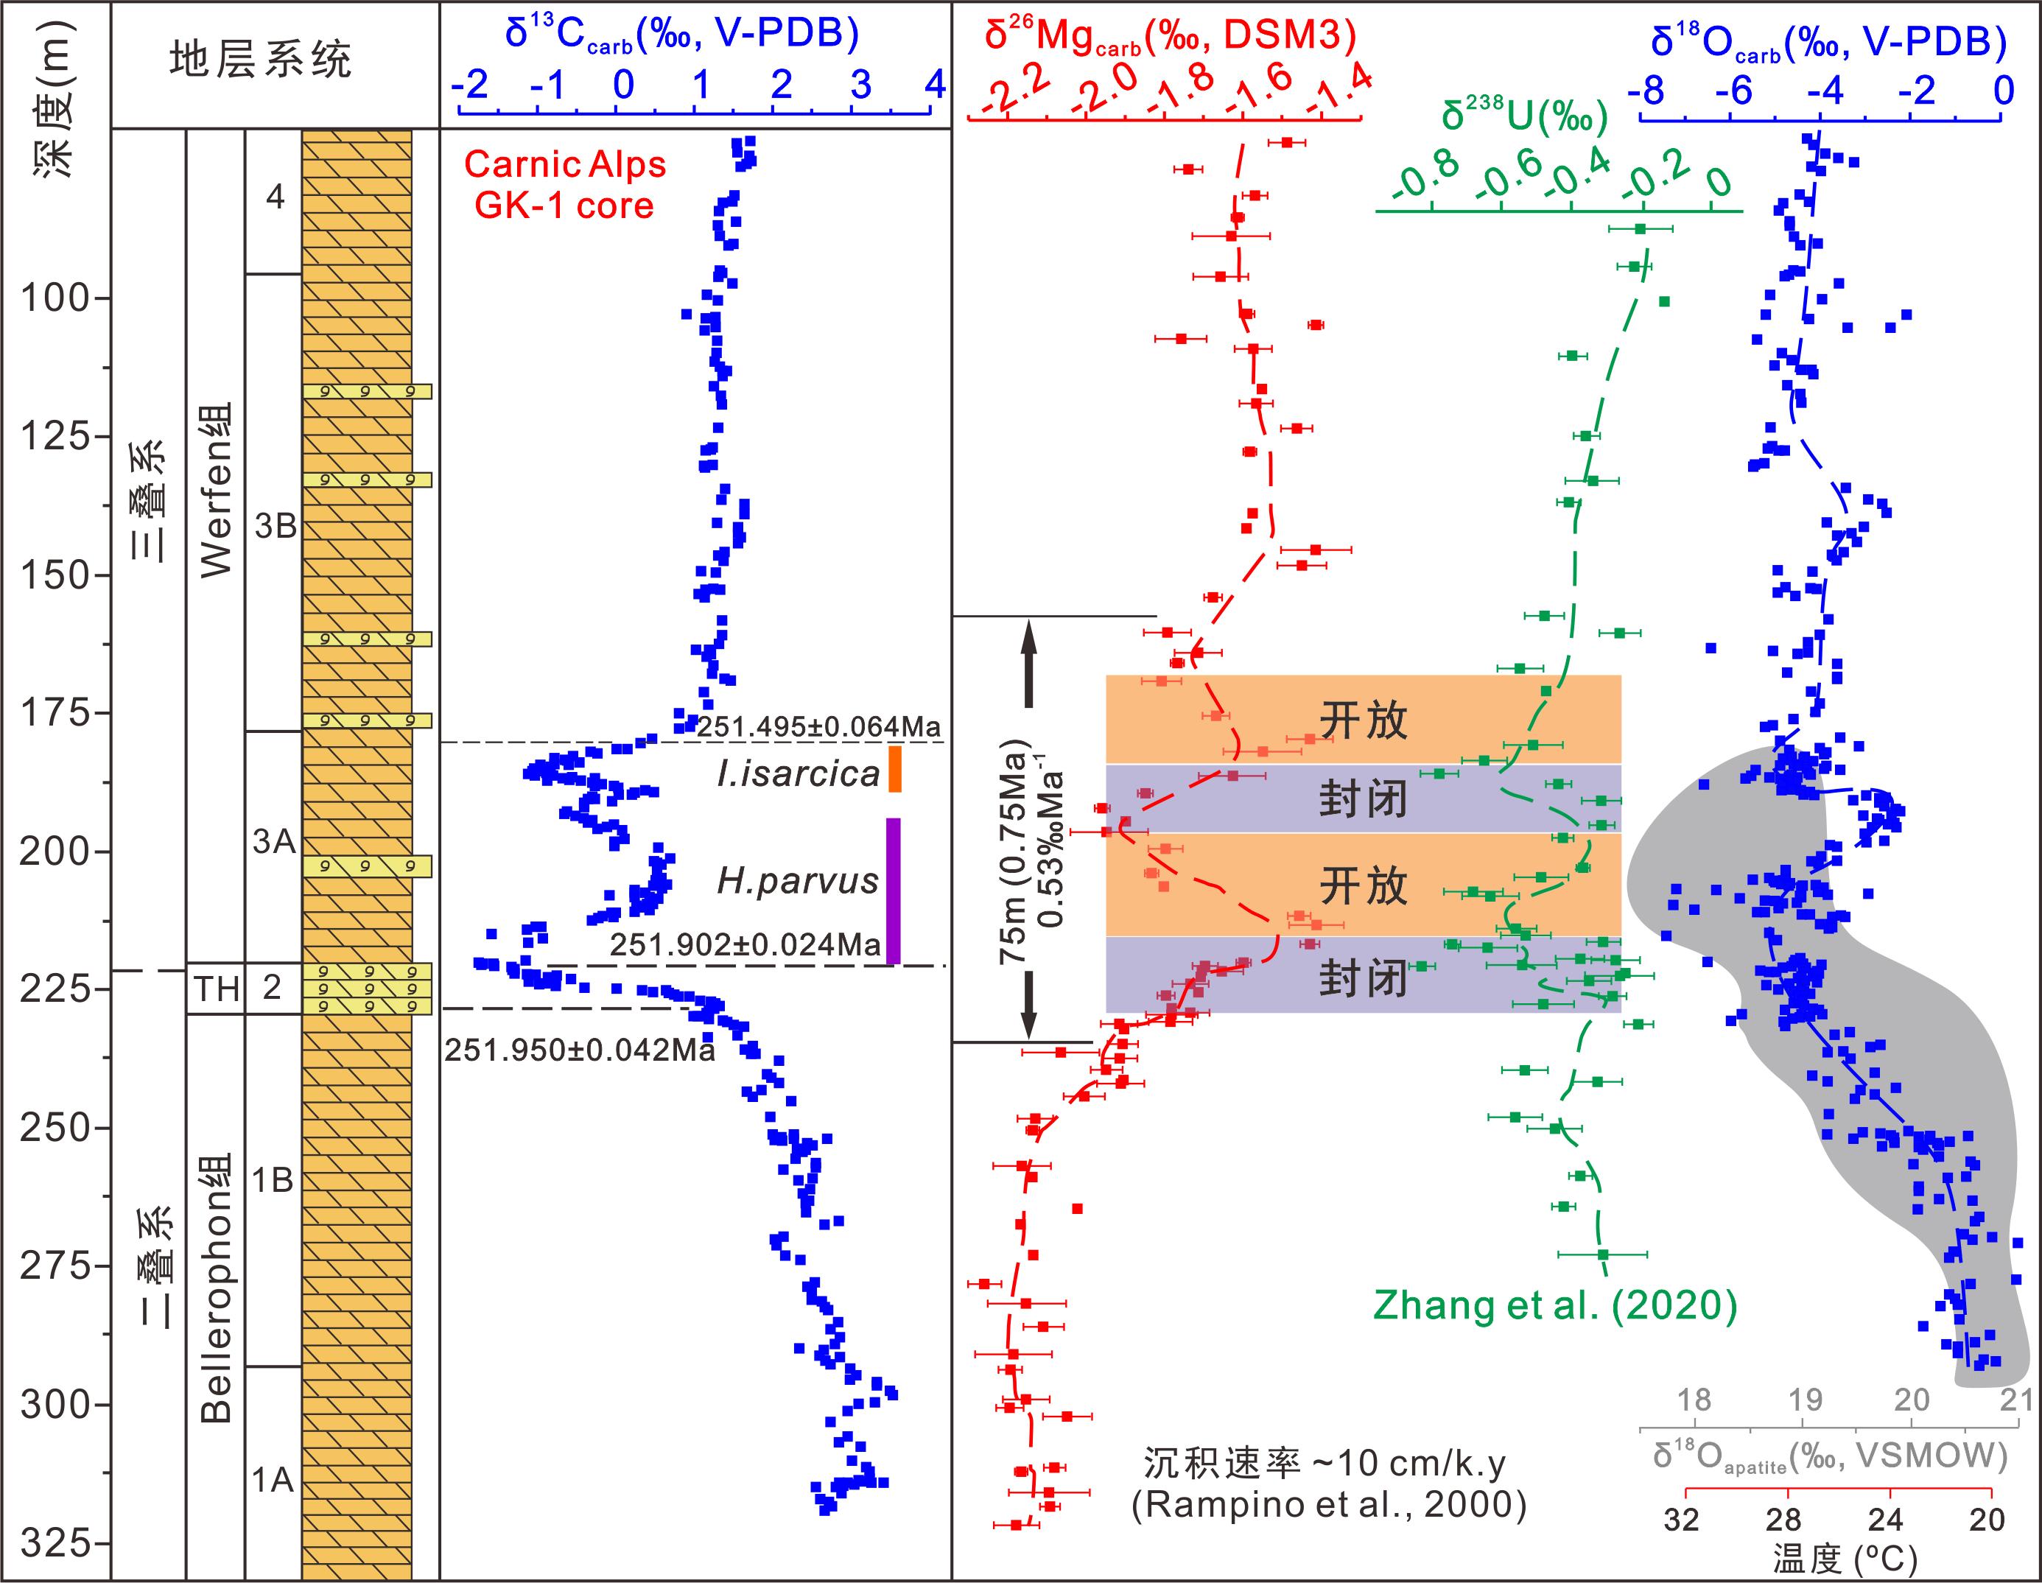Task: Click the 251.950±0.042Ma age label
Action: pyautogui.click(x=580, y=1050)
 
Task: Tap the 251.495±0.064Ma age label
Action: pyautogui.click(x=818, y=726)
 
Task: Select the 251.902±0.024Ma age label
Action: pyautogui.click(x=745, y=944)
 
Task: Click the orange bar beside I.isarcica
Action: pyautogui.click(x=895, y=768)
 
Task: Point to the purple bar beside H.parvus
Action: pyautogui.click(x=893, y=890)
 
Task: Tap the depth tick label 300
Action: pyautogui.click(x=57, y=1405)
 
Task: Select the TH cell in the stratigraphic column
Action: pyautogui.click(x=216, y=989)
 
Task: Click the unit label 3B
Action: pyautogui.click(x=275, y=527)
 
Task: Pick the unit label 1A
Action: pyautogui.click(x=273, y=1480)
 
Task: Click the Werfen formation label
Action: pyautogui.click(x=217, y=490)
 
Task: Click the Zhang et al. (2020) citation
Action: pyautogui.click(x=1555, y=1305)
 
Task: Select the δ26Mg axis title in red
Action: pyautogui.click(x=1170, y=34)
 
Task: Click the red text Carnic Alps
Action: pyautogui.click(x=565, y=164)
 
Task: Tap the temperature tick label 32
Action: pyautogui.click(x=1681, y=1520)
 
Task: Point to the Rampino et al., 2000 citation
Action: pyautogui.click(x=1329, y=1504)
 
